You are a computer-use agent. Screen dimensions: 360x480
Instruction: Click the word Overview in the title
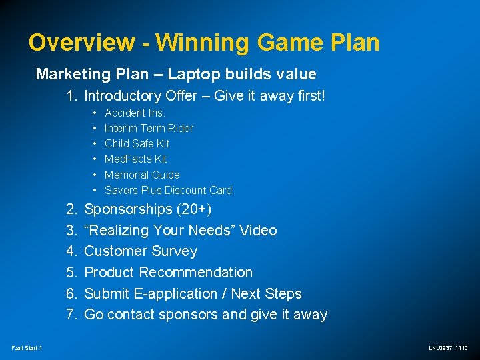(81, 43)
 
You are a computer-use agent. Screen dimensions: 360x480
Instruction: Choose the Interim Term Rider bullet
(149, 128)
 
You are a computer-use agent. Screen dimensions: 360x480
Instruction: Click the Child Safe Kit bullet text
(137, 143)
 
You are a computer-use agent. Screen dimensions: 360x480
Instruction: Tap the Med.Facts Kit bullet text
(135, 159)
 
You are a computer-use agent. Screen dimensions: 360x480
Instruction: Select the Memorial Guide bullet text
(142, 175)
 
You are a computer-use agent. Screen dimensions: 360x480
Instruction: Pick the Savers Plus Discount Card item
(168, 190)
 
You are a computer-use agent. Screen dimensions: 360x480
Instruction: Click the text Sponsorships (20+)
(147, 209)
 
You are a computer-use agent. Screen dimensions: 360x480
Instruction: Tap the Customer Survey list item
(141, 251)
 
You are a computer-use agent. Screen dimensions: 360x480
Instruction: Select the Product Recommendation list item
(168, 273)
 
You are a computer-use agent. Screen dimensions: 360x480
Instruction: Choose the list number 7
(72, 315)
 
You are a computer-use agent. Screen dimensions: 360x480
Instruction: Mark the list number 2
(72, 209)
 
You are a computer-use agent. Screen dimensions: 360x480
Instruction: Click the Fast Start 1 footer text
(27, 348)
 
